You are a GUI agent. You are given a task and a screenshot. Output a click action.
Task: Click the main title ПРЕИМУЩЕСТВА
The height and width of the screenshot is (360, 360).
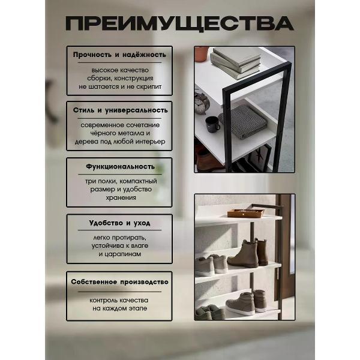[179, 24]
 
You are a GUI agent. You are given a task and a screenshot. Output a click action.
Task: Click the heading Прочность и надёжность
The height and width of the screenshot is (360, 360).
[119, 54]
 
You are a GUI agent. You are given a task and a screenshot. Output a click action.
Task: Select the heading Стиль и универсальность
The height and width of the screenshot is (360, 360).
[119, 110]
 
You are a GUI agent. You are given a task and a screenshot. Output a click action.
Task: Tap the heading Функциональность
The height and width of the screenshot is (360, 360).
[119, 167]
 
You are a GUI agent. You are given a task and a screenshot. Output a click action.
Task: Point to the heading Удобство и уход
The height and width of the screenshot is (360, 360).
[119, 223]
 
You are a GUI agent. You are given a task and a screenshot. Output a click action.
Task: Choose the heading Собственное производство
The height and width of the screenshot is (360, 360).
[119, 281]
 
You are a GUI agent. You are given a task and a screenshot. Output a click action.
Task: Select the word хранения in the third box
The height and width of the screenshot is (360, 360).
[119, 197]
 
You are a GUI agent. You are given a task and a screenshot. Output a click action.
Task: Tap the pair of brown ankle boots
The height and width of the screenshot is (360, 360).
[247, 254]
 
